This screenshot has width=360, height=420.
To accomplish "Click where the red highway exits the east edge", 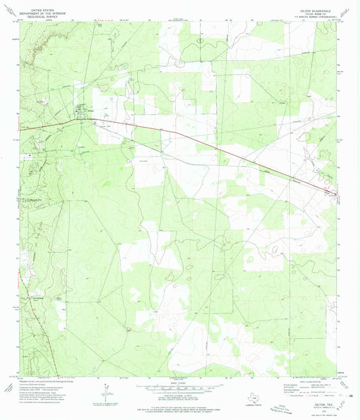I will tap(336, 196).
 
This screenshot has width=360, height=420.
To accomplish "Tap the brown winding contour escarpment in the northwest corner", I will tap(37, 41).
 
